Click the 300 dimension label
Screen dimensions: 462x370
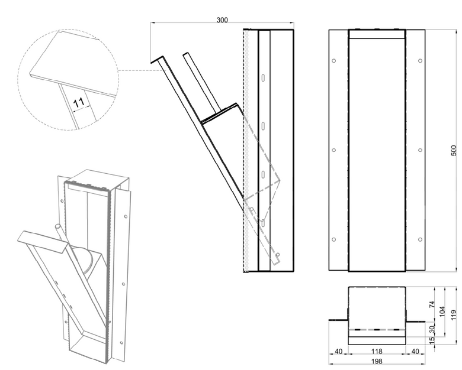222,20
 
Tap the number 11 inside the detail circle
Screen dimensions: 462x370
79,103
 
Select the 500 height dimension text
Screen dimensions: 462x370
454,150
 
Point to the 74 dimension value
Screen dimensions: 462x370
432,304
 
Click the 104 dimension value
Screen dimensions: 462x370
442,311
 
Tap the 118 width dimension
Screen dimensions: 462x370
377,351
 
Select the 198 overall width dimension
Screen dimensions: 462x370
377,361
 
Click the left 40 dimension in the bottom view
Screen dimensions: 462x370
339,351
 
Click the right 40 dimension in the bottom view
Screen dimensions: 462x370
415,351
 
